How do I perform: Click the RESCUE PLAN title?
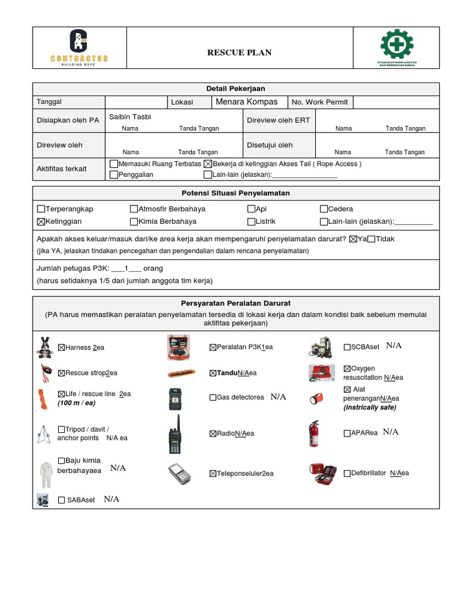pyautogui.click(x=239, y=53)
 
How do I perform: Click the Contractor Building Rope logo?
pyautogui.click(x=79, y=48)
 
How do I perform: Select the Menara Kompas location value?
pyautogui.click(x=246, y=102)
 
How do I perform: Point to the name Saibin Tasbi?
pyautogui.click(x=130, y=117)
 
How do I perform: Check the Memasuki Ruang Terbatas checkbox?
pyautogui.click(x=114, y=164)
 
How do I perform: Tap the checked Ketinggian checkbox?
pyautogui.click(x=41, y=221)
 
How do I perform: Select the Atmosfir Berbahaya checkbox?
pyautogui.click(x=134, y=209)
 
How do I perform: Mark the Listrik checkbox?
pyautogui.click(x=251, y=221)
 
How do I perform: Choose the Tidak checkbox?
pyautogui.click(x=372, y=239)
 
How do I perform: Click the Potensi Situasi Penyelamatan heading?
pyautogui.click(x=236, y=194)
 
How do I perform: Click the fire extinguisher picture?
pyautogui.click(x=313, y=433)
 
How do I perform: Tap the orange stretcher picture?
pyautogui.click(x=179, y=373)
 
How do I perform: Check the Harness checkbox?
pyautogui.click(x=61, y=347)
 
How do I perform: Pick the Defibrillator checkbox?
pyautogui.click(x=347, y=473)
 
